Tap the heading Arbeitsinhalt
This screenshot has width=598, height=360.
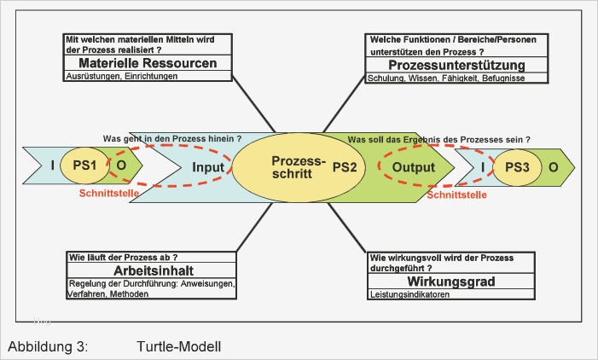(149, 270)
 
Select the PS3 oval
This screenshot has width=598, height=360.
(517, 167)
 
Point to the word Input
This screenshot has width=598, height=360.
(207, 167)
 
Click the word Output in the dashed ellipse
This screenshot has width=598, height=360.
(414, 167)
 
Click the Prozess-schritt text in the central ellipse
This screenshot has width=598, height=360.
(293, 166)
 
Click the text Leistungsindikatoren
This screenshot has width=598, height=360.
(410, 294)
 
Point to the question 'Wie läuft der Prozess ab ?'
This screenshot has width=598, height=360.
(122, 257)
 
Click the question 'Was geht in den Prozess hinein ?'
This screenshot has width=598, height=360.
(171, 138)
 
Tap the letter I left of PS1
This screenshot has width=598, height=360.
(53, 165)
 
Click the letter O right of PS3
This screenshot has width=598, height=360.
(553, 167)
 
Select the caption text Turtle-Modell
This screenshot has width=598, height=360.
(177, 347)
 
